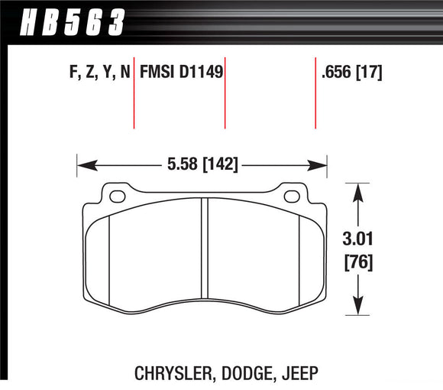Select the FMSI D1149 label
pyautogui.click(x=180, y=73)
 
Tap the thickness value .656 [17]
pyautogui.click(x=351, y=73)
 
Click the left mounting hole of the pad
pyautogui.click(x=118, y=197)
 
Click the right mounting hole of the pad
pyautogui.click(x=291, y=197)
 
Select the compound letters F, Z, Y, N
pyautogui.click(x=95, y=73)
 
